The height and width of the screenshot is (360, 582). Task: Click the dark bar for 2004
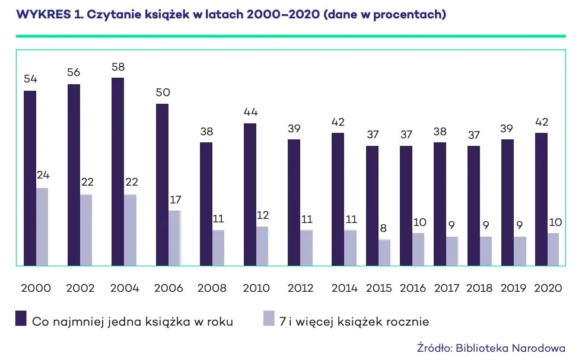click(117, 172)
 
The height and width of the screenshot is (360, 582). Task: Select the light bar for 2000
click(42, 227)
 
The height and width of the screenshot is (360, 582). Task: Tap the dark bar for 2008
click(206, 204)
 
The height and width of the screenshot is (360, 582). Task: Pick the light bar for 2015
click(384, 253)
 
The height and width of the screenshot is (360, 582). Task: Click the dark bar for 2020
click(541, 199)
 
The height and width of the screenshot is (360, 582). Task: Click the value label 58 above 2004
click(117, 66)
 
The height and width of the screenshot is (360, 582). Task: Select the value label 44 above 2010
click(250, 112)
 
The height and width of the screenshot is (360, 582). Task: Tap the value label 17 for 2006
click(174, 200)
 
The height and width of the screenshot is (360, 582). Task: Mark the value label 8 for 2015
click(384, 229)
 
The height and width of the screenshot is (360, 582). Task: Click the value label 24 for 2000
click(42, 177)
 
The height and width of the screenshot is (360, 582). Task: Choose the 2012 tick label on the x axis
click(300, 288)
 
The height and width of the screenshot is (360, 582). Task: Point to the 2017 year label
click(446, 288)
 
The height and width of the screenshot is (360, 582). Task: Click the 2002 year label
click(80, 288)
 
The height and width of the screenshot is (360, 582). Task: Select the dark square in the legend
click(21, 319)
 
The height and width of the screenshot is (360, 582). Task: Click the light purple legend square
click(268, 319)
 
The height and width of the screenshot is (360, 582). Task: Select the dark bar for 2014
click(338, 199)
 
